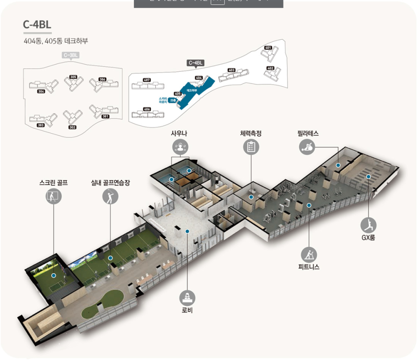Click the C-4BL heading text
click(x=37, y=24)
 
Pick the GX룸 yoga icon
click(x=368, y=224)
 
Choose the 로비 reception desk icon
click(x=187, y=297)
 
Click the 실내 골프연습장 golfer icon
click(x=110, y=196)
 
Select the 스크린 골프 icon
click(x=54, y=196)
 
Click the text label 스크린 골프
click(x=54, y=182)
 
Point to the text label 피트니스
click(x=309, y=267)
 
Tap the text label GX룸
click(x=368, y=237)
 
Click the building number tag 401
click(x=268, y=47)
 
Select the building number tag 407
click(x=147, y=80)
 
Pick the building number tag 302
click(x=72, y=127)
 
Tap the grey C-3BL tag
click(x=71, y=55)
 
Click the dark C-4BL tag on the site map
click(x=196, y=63)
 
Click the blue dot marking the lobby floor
click(x=188, y=231)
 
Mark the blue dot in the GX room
click(x=368, y=176)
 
